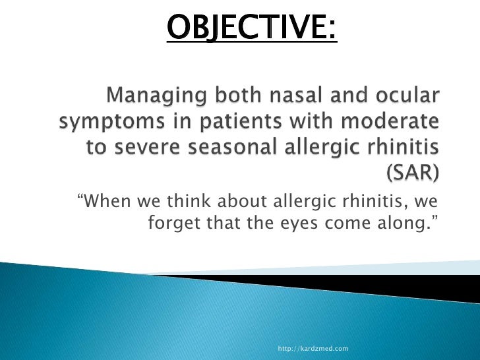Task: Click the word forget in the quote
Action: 170,224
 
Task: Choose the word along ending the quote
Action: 406,224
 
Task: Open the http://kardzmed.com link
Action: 313,348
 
